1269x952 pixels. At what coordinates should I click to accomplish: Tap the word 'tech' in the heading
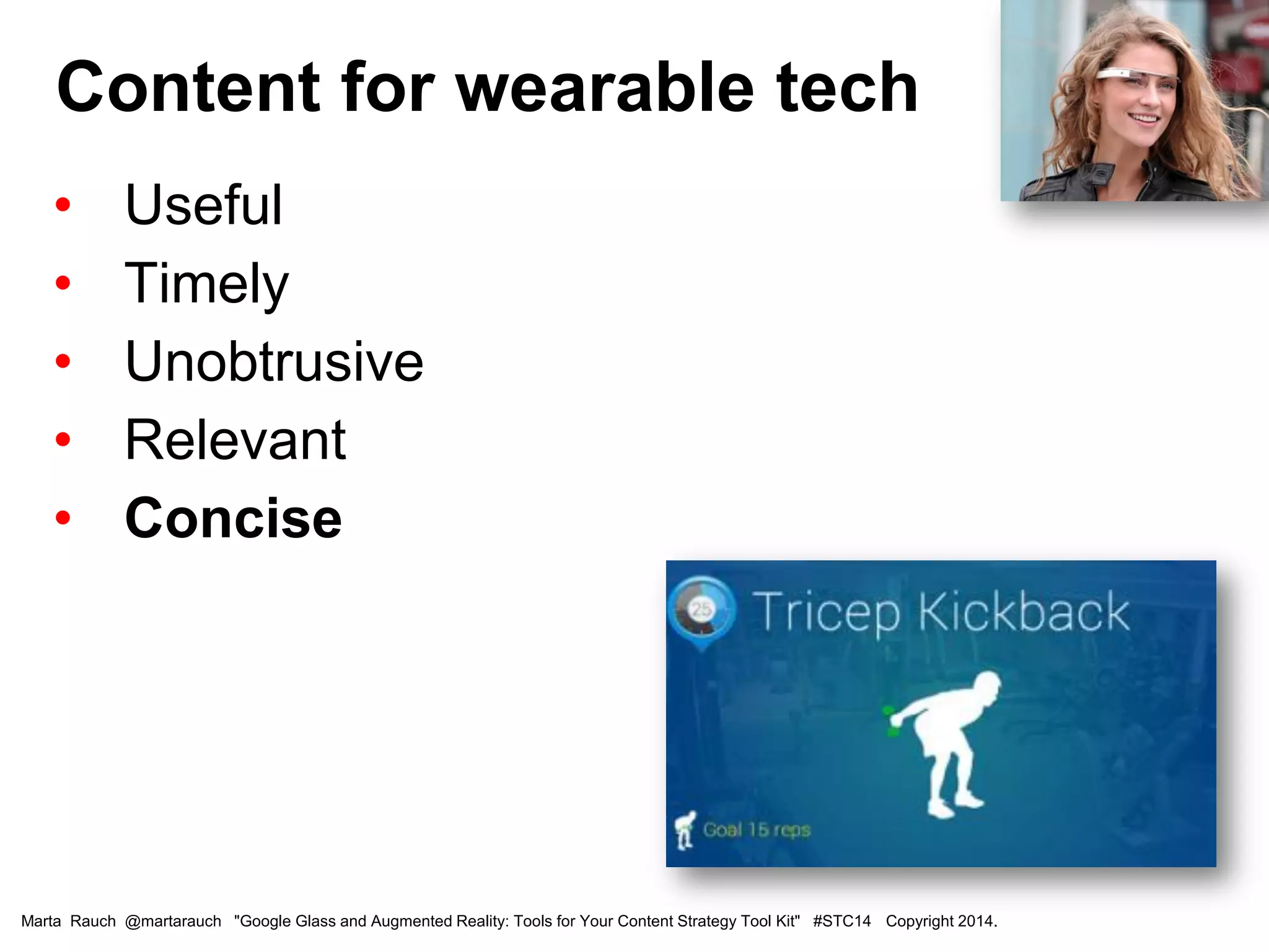pyautogui.click(x=846, y=88)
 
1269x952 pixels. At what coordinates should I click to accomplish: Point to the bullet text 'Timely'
pyautogui.click(x=206, y=284)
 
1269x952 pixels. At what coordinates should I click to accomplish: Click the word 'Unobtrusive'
pyautogui.click(x=274, y=361)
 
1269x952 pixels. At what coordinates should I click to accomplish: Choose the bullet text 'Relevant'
pyautogui.click(x=235, y=439)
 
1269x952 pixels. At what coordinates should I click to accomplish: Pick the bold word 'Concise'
pyautogui.click(x=233, y=518)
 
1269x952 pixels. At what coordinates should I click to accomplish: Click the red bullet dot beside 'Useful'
pyautogui.click(x=63, y=205)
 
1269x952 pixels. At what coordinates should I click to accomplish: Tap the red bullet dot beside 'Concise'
pyautogui.click(x=63, y=518)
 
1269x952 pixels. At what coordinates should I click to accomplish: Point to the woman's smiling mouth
pyautogui.click(x=1143, y=118)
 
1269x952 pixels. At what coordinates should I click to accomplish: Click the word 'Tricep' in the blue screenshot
pyautogui.click(x=825, y=612)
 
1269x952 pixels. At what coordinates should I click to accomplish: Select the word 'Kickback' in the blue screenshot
pyautogui.click(x=1023, y=612)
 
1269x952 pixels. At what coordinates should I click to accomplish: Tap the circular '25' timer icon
pyautogui.click(x=701, y=610)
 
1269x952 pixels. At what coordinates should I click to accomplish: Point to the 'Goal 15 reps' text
pyautogui.click(x=757, y=829)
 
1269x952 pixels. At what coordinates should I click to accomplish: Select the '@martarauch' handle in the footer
pyautogui.click(x=173, y=921)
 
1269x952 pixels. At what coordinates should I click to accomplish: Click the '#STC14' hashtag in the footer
pyautogui.click(x=841, y=921)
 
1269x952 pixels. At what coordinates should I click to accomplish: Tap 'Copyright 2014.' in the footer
pyautogui.click(x=941, y=921)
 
